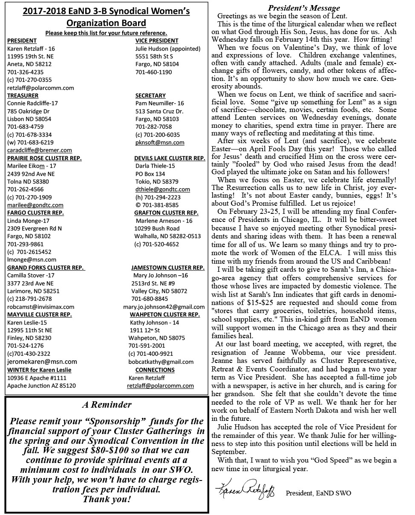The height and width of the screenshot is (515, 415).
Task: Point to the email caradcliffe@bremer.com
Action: (40, 150)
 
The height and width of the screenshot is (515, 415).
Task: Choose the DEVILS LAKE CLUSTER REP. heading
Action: (170, 158)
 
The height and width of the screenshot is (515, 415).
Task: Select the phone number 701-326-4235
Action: (25, 72)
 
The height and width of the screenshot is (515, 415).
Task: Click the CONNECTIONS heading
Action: (155, 370)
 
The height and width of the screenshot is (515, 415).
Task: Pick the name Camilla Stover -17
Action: (31, 276)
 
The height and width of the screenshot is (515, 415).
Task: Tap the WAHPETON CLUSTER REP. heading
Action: (164, 315)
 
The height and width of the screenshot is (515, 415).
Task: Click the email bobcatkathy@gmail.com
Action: (161, 362)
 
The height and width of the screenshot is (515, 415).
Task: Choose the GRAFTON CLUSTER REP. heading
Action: (166, 213)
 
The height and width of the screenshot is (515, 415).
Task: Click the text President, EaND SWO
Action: (319, 493)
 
